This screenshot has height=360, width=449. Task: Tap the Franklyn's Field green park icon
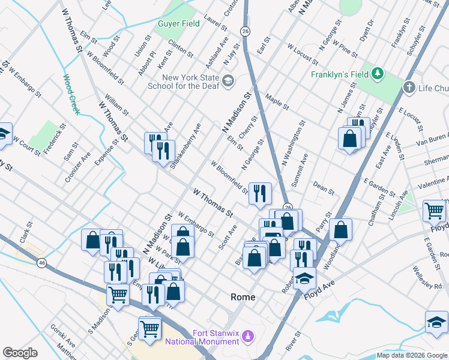(378, 74)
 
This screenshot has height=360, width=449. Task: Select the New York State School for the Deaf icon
(228, 81)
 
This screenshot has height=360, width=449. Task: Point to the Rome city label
(243, 297)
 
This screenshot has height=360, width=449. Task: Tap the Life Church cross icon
(409, 88)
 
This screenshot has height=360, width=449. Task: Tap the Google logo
(20, 353)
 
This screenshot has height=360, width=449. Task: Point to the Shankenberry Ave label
(185, 146)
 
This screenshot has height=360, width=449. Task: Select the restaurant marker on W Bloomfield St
(260, 193)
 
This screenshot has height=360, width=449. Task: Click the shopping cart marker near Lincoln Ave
(434, 211)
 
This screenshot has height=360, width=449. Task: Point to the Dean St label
(324, 188)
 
